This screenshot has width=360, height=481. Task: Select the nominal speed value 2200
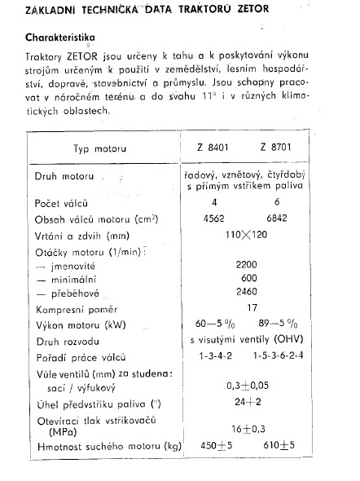pyautogui.click(x=246, y=265)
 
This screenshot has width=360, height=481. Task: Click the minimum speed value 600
pyautogui.click(x=246, y=280)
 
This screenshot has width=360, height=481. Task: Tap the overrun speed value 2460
pyautogui.click(x=246, y=294)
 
